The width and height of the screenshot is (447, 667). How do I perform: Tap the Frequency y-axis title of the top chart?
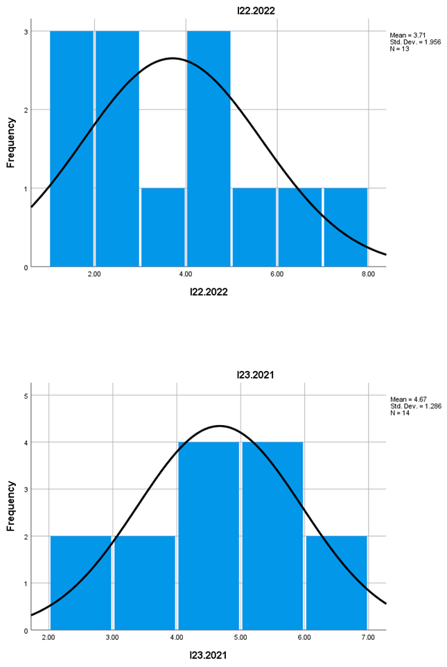click(11, 144)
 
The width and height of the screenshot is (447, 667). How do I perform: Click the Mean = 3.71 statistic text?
click(408, 33)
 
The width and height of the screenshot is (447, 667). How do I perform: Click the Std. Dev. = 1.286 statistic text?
click(415, 406)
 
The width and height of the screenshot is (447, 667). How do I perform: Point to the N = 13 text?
click(400, 48)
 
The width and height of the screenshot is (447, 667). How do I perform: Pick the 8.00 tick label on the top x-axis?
click(368, 275)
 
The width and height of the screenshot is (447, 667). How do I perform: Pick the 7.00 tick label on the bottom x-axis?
click(368, 638)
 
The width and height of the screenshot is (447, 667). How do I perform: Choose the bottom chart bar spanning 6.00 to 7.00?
click(336, 582)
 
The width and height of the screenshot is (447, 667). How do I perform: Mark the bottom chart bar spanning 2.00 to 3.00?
click(80, 582)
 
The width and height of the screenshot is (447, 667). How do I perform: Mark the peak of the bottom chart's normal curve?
click(220, 426)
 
